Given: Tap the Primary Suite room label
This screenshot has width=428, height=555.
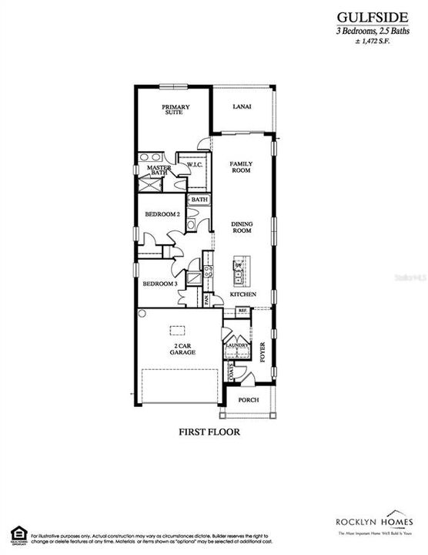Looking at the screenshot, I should [175, 110].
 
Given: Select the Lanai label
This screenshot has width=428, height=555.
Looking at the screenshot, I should [242, 107].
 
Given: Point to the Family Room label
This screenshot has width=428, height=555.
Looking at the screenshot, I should [242, 168].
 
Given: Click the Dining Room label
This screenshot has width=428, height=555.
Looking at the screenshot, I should [242, 227].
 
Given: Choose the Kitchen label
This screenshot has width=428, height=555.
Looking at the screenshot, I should [242, 295].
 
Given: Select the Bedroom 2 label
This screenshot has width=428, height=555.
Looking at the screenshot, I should [162, 214].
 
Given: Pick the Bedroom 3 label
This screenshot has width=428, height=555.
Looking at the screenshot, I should [160, 284].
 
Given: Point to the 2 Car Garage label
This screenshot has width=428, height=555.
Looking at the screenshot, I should [182, 348].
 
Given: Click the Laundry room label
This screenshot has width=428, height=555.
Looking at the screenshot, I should [236, 346].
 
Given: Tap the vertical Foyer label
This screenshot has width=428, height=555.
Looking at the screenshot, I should [262, 352].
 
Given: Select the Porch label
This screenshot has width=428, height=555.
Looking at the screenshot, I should [248, 400].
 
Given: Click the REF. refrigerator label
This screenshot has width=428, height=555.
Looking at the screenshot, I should [242, 311].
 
